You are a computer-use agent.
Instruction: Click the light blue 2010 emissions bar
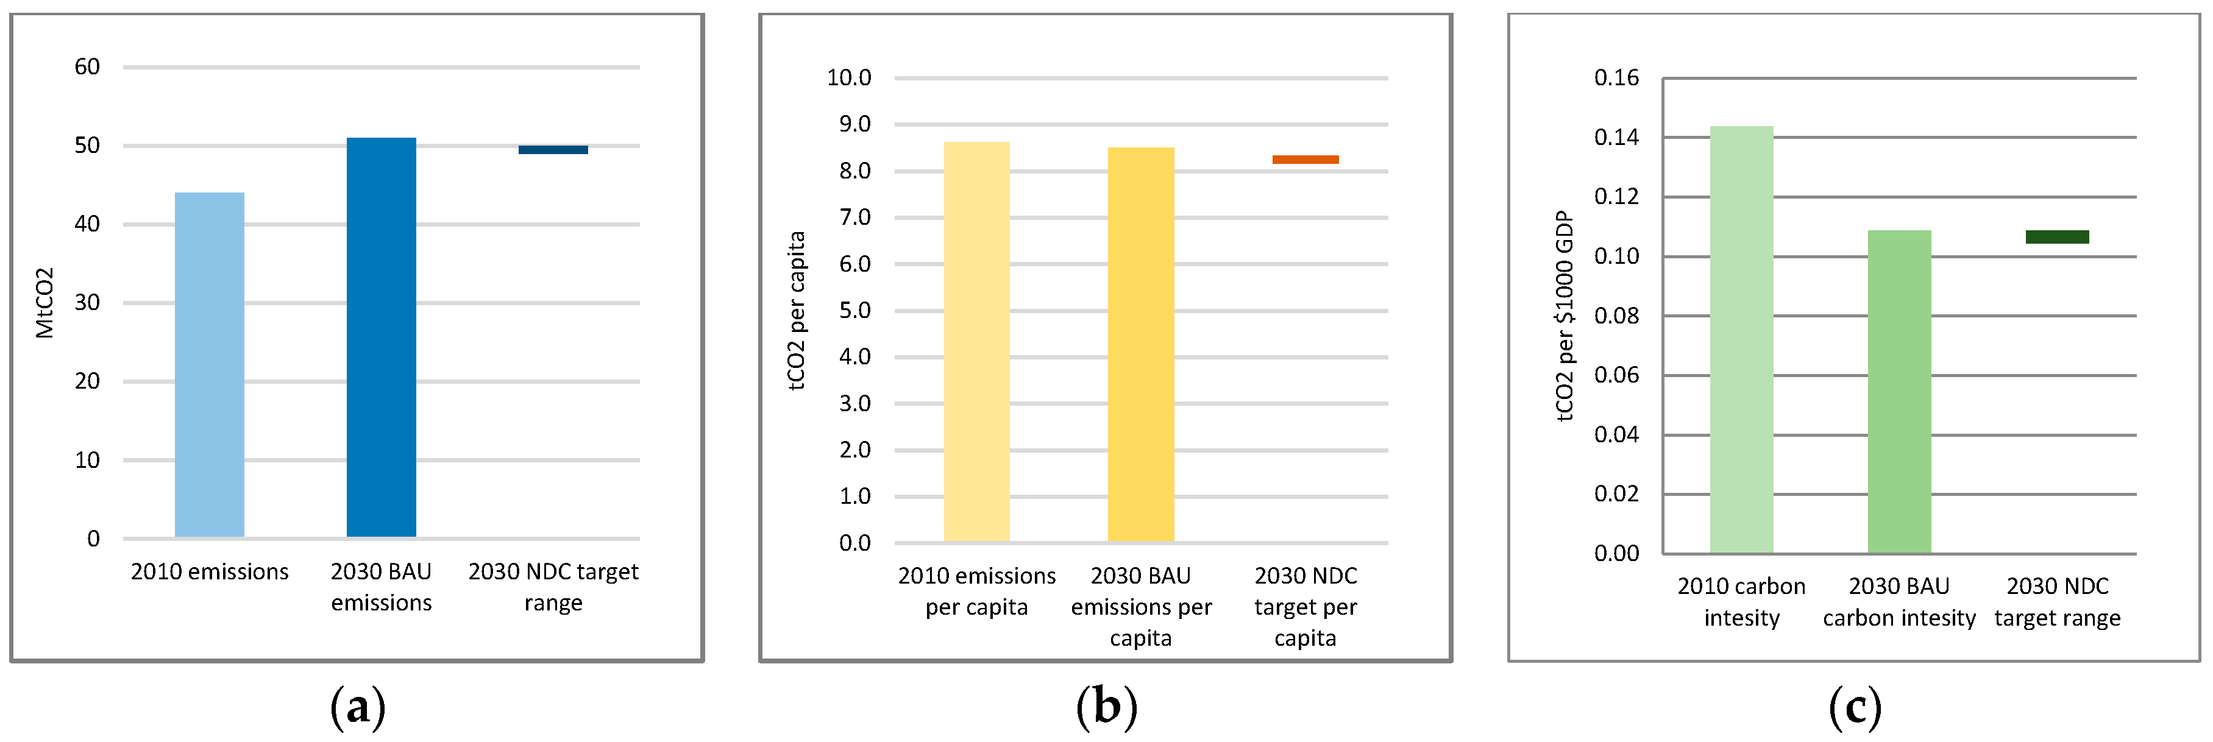pos(210,365)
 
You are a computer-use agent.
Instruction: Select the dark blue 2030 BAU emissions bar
pos(382,337)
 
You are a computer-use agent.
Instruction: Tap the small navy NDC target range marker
pos(553,149)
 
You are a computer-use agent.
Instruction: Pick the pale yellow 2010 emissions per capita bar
pos(977,342)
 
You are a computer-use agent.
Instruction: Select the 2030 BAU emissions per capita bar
pos(1141,344)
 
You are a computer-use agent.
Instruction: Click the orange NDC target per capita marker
pos(1305,160)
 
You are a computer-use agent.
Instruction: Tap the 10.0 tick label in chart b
pos(849,78)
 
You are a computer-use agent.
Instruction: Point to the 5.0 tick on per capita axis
pos(855,310)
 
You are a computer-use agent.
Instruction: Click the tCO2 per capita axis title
pos(797,310)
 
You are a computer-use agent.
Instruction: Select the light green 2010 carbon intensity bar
pos(1741,339)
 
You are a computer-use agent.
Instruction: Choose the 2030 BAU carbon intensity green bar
pos(1900,392)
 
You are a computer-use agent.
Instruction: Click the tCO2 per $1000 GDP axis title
pos(1565,316)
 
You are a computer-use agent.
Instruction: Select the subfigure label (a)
pos(357,708)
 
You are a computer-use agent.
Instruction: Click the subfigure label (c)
pos(1855,708)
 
